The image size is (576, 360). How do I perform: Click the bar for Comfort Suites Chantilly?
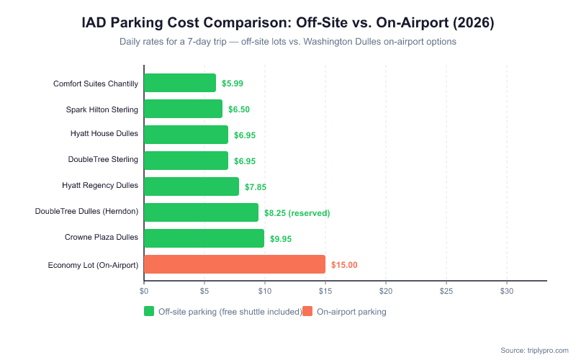180,83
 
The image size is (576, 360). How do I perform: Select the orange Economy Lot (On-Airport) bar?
235,265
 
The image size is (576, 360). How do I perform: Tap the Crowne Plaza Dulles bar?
204,238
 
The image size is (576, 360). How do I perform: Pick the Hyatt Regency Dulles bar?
192,186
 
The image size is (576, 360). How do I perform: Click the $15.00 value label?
344,265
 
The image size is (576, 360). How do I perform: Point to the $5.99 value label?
233,84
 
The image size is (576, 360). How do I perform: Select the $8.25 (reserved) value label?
297,213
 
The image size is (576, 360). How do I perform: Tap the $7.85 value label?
256,187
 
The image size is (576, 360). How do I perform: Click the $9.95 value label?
281,239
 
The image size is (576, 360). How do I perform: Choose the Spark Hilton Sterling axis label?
102,109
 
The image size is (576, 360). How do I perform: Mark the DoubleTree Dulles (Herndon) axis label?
86,213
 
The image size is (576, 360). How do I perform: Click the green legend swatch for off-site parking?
149,312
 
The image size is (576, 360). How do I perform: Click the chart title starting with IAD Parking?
288,22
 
